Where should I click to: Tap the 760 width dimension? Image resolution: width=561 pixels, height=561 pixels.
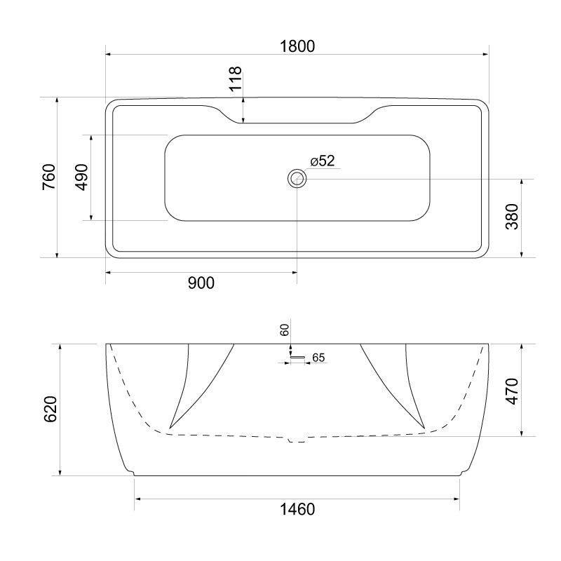click(x=48, y=177)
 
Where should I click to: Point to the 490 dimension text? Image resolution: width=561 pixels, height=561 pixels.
click(x=82, y=177)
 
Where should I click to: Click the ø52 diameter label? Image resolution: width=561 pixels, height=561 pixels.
click(x=322, y=161)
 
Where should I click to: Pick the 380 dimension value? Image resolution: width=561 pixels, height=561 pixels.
click(x=512, y=218)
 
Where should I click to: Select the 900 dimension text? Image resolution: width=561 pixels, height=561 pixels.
click(x=201, y=283)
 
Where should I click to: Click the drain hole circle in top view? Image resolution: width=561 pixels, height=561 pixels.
click(x=297, y=178)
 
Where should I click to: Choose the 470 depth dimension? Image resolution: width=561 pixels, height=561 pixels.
click(x=512, y=391)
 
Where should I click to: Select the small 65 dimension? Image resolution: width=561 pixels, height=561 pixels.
click(x=318, y=358)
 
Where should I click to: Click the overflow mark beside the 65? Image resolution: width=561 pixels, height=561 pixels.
click(x=299, y=358)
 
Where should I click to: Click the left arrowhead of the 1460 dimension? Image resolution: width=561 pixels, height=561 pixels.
click(x=137, y=499)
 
